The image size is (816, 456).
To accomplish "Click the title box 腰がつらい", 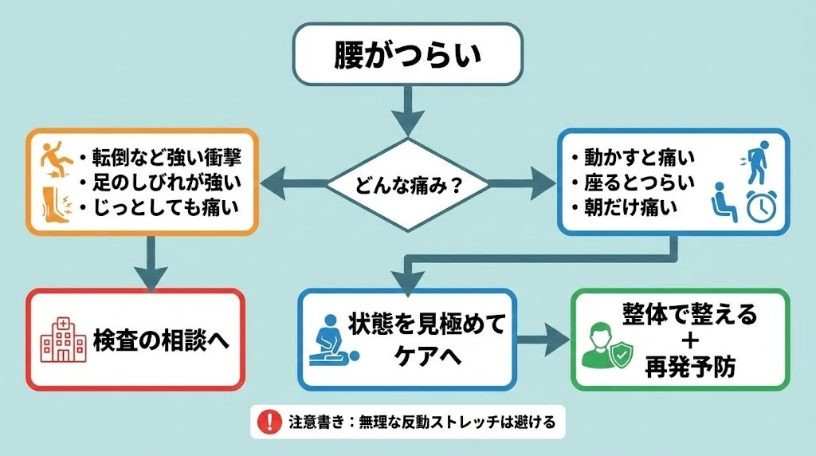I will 407,54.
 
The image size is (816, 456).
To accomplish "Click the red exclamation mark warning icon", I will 272,420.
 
